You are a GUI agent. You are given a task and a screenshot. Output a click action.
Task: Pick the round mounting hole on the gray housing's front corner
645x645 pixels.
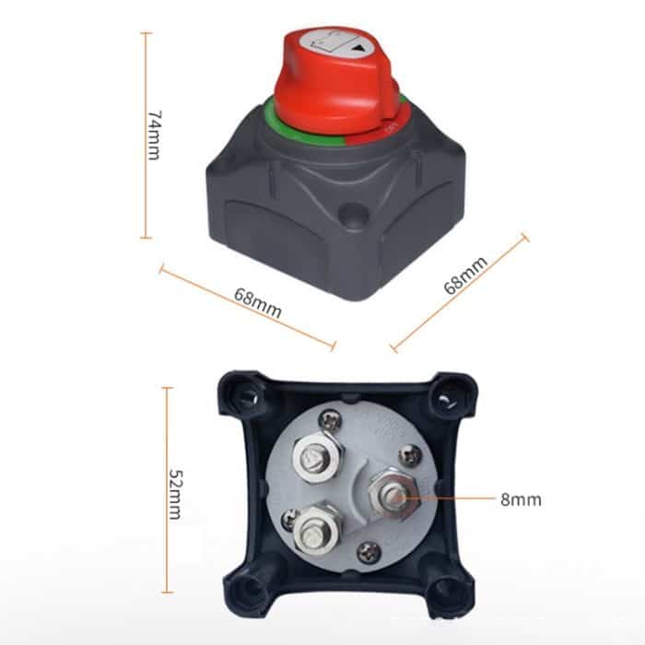pos(350,217)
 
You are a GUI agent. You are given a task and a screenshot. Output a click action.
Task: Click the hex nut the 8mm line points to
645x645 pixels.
pos(391,498)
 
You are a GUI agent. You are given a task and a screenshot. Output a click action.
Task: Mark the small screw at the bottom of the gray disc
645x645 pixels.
pos(368,551)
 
